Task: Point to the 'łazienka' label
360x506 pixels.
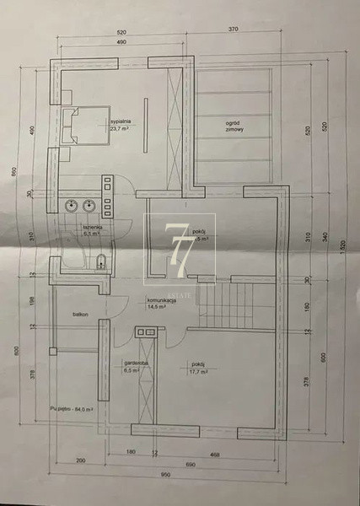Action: click(x=92, y=229)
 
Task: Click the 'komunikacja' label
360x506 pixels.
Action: click(x=160, y=301)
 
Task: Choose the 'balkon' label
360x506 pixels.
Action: click(x=80, y=313)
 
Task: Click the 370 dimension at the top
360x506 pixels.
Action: click(x=234, y=30)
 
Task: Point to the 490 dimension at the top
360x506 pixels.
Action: click(x=121, y=40)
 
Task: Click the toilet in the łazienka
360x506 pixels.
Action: click(x=99, y=259)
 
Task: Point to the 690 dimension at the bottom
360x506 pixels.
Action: click(x=191, y=463)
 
